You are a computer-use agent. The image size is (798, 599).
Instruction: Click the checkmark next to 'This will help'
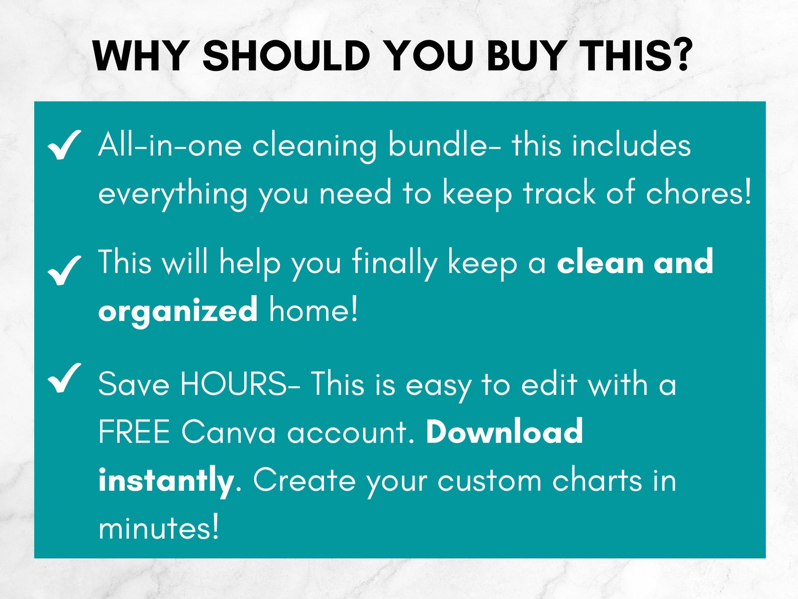(x=64, y=270)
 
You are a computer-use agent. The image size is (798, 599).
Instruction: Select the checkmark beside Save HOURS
(x=64, y=378)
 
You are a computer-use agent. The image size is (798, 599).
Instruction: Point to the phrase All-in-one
(x=170, y=145)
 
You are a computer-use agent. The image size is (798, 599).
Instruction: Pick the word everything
(x=172, y=194)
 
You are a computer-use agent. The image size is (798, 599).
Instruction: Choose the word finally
(x=394, y=263)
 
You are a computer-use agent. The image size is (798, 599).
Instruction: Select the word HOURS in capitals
(x=234, y=385)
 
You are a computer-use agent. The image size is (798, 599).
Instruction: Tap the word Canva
(x=229, y=432)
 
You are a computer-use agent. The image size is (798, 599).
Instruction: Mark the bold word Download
(x=504, y=432)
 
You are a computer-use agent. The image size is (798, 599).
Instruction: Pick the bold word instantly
(x=166, y=481)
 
